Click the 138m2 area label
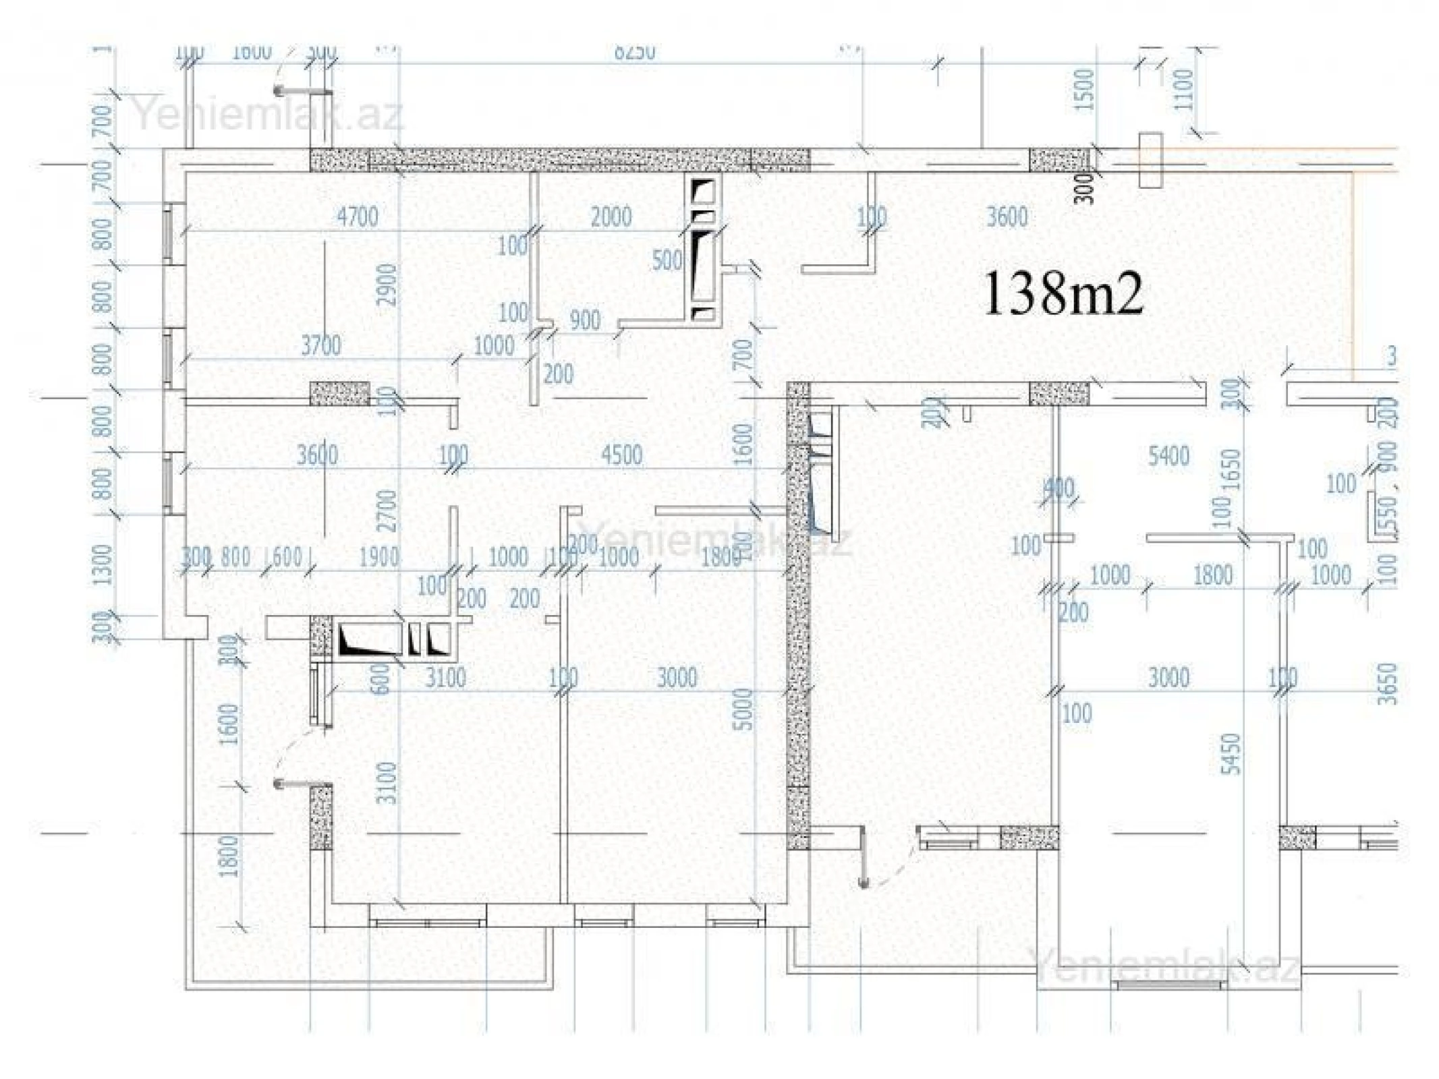[1064, 293]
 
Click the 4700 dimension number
[357, 217]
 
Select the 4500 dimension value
[621, 455]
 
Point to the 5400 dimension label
[1168, 457]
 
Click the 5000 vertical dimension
[743, 709]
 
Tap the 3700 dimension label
[320, 346]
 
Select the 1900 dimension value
[378, 557]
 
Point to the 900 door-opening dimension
[584, 320]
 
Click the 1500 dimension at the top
[1084, 90]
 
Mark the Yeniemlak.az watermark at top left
[269, 115]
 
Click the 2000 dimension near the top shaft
[611, 217]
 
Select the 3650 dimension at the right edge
[1387, 683]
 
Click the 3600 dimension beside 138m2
[1007, 217]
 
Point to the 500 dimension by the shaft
[667, 260]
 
